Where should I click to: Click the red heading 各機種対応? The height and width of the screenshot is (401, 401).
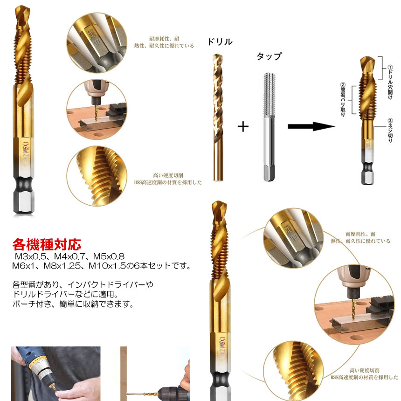coord(46,244)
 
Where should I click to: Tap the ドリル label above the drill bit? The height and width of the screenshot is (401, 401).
coord(220,42)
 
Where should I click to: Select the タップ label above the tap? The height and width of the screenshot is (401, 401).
coord(269,56)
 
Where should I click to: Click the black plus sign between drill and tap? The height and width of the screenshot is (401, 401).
coord(243,126)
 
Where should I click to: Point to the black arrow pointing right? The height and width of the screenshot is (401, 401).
coord(311,126)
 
